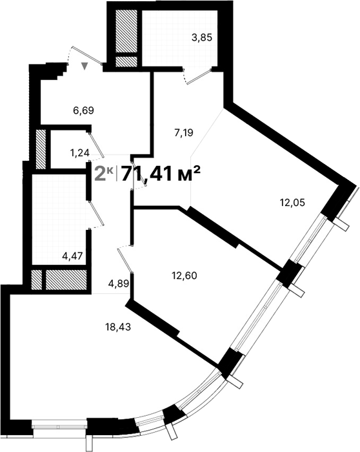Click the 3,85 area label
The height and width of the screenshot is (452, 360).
[201, 38]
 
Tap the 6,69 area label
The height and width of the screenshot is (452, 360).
[84, 110]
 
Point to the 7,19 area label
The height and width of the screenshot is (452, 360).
[185, 134]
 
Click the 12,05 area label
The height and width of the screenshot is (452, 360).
[292, 202]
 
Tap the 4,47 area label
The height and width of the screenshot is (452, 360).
[72, 256]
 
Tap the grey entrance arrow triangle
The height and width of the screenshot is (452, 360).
[85, 65]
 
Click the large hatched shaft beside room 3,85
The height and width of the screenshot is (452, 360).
[126, 32]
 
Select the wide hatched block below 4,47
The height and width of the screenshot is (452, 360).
[65, 280]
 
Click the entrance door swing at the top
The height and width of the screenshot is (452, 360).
[87, 56]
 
